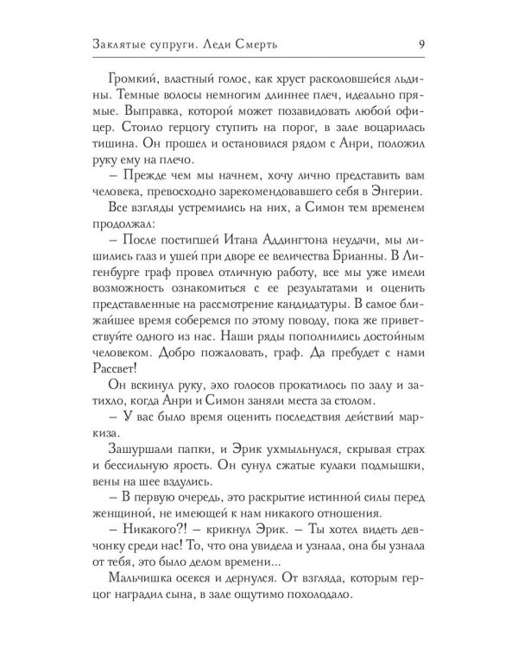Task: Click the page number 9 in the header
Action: click(x=418, y=43)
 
